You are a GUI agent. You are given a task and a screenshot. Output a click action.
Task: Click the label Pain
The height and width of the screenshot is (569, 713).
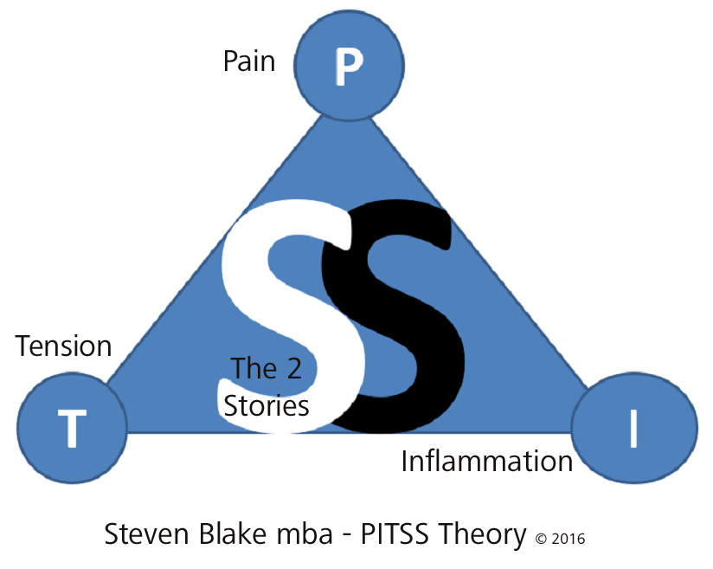tap(249, 61)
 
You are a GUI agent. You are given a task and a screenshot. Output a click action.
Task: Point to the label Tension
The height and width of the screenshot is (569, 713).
tap(64, 346)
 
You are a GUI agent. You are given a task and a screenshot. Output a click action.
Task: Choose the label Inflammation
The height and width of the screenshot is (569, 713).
tap(487, 462)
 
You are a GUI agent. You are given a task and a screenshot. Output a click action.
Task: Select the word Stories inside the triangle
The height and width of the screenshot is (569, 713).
tap(267, 405)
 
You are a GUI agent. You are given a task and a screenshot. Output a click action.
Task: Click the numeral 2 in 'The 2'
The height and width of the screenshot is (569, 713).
tap(294, 370)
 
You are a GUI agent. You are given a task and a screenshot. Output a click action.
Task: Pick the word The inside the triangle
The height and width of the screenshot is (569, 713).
tap(254, 370)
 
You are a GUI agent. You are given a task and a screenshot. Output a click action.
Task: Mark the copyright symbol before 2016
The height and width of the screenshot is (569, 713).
tap(541, 538)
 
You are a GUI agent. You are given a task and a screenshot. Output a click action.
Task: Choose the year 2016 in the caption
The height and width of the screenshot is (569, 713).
tap(568, 538)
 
